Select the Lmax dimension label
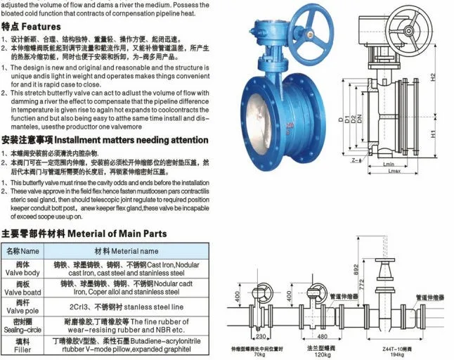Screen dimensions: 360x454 point(394,172)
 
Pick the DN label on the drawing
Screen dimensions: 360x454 point(360,122)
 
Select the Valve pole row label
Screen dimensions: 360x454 point(22,308)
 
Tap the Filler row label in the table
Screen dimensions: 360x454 point(22,347)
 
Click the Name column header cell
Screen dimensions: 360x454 point(22,251)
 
